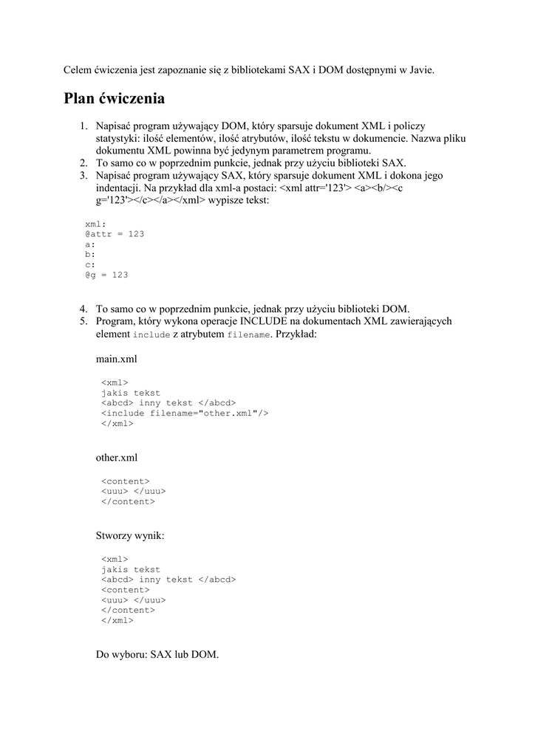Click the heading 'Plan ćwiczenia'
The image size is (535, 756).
click(114, 99)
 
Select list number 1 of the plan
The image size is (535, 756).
click(84, 127)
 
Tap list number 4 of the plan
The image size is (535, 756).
click(84, 309)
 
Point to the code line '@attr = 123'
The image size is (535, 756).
click(115, 233)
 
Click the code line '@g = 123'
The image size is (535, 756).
click(106, 275)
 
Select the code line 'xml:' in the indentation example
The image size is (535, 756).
click(96, 223)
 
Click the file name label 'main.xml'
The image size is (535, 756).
click(117, 359)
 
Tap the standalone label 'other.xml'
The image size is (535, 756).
click(117, 458)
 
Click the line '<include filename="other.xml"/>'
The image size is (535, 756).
click(184, 413)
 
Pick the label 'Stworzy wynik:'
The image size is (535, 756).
click(130, 535)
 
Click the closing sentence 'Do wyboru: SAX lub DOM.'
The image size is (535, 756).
click(157, 654)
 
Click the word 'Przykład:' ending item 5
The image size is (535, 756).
click(295, 334)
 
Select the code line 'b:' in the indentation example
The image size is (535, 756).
click(90, 254)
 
